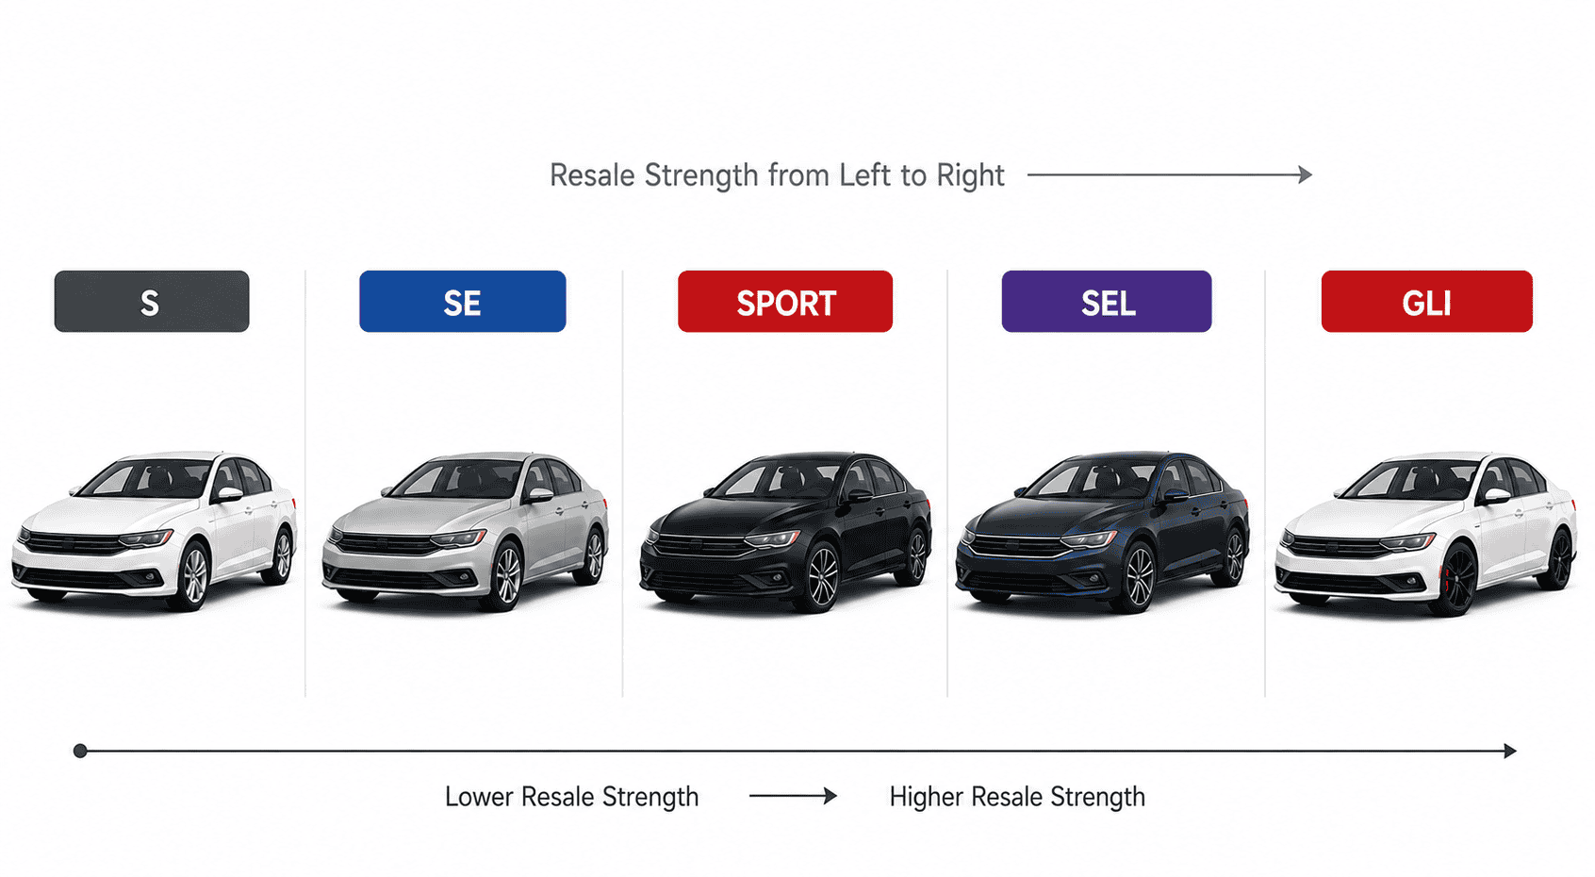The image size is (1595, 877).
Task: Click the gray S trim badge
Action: tap(152, 302)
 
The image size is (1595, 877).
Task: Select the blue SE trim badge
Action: tap(463, 302)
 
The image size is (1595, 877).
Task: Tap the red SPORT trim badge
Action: tap(785, 302)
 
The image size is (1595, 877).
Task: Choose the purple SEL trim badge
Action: tap(1107, 302)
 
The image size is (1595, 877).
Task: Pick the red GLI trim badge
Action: tap(1427, 302)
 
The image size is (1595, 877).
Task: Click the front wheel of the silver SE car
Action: tap(508, 575)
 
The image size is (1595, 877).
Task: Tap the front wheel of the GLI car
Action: tap(1456, 579)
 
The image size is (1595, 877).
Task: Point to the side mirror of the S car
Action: tap(229, 493)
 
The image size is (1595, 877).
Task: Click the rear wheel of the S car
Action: tap(283, 555)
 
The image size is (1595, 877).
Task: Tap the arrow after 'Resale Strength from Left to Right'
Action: tap(1170, 174)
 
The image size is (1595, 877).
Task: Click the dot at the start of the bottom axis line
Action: tap(80, 751)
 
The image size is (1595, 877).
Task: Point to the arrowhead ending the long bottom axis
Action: tap(1509, 751)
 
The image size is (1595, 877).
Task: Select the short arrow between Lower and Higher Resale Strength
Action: tap(793, 796)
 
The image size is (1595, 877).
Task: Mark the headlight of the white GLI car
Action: tap(1406, 543)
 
